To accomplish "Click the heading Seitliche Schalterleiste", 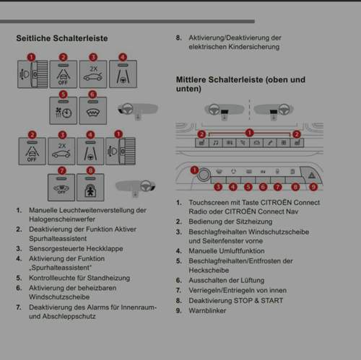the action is pyautogui.click(x=62, y=38).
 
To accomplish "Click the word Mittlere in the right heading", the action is pyautogui.click(x=191, y=79).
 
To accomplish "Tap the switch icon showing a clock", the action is pyautogui.click(x=64, y=110).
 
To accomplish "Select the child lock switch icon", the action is pyautogui.click(x=90, y=188).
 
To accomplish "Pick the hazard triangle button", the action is pyautogui.click(x=312, y=175).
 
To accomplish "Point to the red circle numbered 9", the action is pyautogui.click(x=313, y=187).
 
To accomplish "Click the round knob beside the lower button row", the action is pyautogui.click(x=204, y=175).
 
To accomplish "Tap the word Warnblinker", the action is pyautogui.click(x=207, y=310).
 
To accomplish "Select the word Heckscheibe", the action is pyautogui.click(x=209, y=271).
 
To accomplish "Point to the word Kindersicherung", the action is pyautogui.click(x=254, y=47).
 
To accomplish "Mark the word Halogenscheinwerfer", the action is pyautogui.click(x=62, y=219).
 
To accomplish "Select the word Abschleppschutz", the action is pyautogui.click(x=69, y=316).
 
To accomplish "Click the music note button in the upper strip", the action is pyautogui.click(x=216, y=143).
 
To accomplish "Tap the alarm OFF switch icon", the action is pyautogui.click(x=61, y=188).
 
